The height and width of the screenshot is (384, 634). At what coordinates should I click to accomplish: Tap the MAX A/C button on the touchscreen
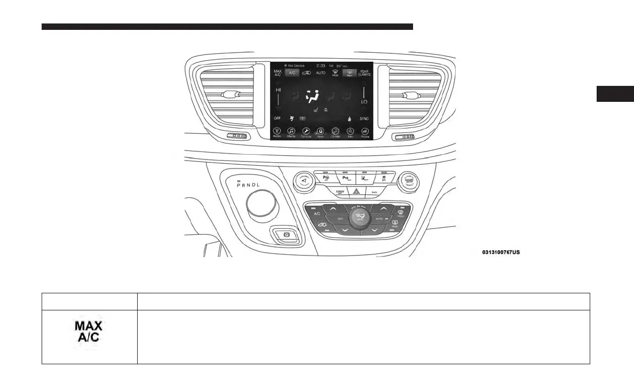click(278, 73)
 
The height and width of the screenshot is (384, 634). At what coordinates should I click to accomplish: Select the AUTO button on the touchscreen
click(320, 73)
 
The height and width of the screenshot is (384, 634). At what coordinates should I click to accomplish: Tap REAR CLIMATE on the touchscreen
click(364, 73)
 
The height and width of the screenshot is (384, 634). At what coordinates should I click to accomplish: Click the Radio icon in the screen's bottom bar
click(277, 132)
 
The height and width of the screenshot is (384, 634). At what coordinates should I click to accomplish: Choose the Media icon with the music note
click(291, 132)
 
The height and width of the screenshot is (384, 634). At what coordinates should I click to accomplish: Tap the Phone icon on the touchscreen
click(364, 132)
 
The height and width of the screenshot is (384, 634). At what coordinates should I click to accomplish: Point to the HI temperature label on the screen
click(278, 91)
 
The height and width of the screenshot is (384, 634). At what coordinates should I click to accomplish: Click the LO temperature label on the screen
click(364, 101)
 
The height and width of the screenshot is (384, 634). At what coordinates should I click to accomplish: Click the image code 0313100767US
click(501, 252)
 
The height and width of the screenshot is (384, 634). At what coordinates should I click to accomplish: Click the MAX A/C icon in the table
click(89, 331)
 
